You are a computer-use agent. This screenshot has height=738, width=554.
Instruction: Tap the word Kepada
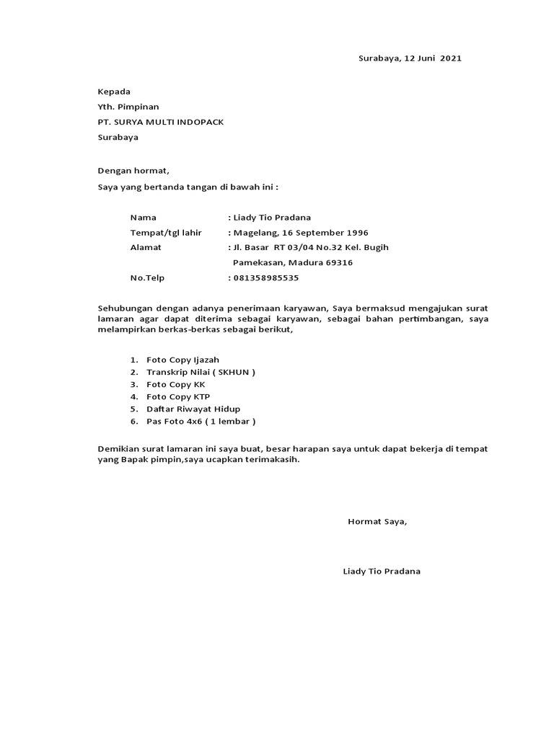pyautogui.click(x=114, y=92)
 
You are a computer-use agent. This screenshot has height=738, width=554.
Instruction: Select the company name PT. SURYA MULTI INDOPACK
pyautogui.click(x=161, y=122)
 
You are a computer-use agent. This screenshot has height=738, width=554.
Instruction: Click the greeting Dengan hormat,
pyautogui.click(x=133, y=171)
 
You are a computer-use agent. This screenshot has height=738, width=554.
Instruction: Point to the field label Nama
pyautogui.click(x=143, y=217)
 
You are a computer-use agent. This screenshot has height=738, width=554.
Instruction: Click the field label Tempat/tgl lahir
pyautogui.click(x=166, y=233)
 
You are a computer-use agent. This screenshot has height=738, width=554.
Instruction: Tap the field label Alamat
pyautogui.click(x=146, y=247)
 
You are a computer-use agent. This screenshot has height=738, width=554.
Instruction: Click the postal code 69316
pyautogui.click(x=338, y=263)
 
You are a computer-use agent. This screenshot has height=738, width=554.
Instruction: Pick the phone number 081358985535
pyautogui.click(x=265, y=277)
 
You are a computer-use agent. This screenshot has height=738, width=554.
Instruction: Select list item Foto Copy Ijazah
pyautogui.click(x=183, y=359)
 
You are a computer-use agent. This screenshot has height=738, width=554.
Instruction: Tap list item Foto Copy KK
pyautogui.click(x=176, y=384)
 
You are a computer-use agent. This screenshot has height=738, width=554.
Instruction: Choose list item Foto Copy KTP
pyautogui.click(x=177, y=396)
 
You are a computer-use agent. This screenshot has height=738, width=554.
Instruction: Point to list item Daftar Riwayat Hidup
pyautogui.click(x=193, y=409)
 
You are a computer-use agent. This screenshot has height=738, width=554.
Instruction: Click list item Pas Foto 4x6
pyautogui.click(x=175, y=421)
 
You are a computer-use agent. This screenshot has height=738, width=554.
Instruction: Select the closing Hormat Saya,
pyautogui.click(x=377, y=521)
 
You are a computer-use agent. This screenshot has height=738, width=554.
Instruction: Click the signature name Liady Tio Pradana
pyautogui.click(x=382, y=572)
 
